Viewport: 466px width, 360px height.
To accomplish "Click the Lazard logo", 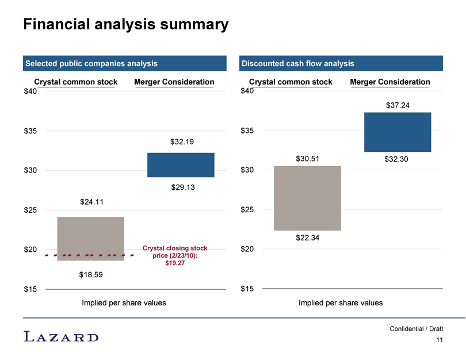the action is [x=61, y=336].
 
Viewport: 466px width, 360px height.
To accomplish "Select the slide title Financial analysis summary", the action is [x=126, y=24].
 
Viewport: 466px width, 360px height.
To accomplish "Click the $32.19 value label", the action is [x=182, y=141].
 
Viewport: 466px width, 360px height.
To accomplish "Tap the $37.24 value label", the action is [x=398, y=105].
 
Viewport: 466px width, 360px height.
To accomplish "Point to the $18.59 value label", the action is [x=91, y=274].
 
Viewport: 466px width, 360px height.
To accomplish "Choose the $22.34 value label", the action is [x=308, y=238].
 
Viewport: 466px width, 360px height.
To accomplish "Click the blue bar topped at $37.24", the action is [x=398, y=132].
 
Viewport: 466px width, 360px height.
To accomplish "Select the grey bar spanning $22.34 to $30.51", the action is [x=308, y=198].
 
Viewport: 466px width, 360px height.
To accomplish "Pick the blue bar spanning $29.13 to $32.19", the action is [x=181, y=165].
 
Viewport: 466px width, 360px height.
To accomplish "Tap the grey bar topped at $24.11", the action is [x=91, y=239].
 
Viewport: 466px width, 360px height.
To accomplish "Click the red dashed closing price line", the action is [x=89, y=255].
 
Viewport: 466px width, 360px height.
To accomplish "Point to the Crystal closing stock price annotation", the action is [x=175, y=255].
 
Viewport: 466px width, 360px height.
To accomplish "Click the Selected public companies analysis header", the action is [x=124, y=63].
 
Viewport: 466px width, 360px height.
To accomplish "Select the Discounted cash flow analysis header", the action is [x=341, y=63].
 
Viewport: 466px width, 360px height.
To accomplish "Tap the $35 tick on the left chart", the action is [x=30, y=131].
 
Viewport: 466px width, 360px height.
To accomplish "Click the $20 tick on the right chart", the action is [x=247, y=249].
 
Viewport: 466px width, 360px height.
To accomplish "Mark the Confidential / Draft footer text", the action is [x=416, y=329].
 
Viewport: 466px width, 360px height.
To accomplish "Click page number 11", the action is [x=440, y=340].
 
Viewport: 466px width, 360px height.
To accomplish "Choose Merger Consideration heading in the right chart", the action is [x=390, y=82].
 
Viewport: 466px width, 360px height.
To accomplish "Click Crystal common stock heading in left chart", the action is [x=76, y=82].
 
